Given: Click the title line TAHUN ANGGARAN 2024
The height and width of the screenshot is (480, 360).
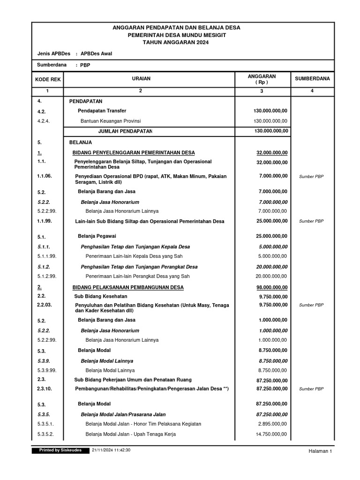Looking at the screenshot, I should pyautogui.click(x=176, y=43).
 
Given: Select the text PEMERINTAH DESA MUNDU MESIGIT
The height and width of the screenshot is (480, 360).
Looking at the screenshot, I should pyautogui.click(x=176, y=35).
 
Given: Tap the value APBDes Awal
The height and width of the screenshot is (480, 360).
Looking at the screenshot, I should pyautogui.click(x=97, y=53).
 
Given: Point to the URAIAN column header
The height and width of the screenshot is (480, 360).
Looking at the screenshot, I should pyautogui.click(x=141, y=79).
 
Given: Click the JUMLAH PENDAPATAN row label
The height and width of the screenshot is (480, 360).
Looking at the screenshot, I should pyautogui.click(x=125, y=131).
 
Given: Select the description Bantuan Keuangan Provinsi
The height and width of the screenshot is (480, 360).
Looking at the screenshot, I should pyautogui.click(x=114, y=121).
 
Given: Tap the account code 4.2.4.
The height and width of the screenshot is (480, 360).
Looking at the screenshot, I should pyautogui.click(x=44, y=121).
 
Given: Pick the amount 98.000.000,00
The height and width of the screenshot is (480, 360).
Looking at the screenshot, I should pyautogui.click(x=272, y=287).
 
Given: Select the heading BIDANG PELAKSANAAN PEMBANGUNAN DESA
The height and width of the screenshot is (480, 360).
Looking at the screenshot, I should pyautogui.click(x=128, y=287).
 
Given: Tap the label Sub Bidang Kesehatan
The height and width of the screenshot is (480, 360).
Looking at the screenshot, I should pyautogui.click(x=101, y=296).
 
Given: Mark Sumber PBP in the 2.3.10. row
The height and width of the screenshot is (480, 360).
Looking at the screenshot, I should pyautogui.click(x=311, y=389).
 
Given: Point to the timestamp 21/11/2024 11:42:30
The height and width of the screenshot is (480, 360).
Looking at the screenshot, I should pyautogui.click(x=111, y=450).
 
